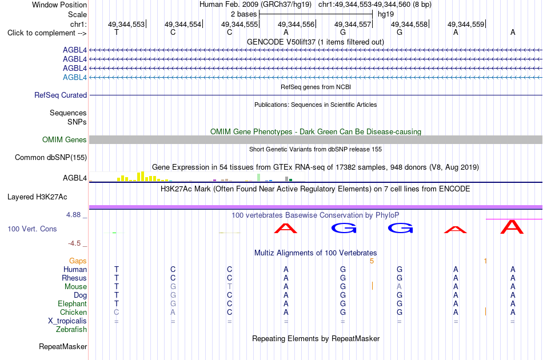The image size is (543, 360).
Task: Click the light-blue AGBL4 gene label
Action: tap(75, 77)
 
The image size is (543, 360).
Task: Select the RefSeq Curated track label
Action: tap(61, 95)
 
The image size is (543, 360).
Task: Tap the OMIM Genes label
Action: tap(65, 139)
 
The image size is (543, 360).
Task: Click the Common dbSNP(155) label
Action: tap(51, 158)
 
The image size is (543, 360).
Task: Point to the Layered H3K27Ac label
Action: tap(37, 197)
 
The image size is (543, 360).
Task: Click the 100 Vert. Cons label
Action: tap(32, 229)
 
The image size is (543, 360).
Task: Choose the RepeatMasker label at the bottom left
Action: tap(63, 346)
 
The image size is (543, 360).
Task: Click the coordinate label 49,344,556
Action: tap(296, 24)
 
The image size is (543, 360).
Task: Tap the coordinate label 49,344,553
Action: tap(126, 24)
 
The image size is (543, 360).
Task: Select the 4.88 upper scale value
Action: tap(73, 215)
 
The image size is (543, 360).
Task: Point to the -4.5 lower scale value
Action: tap(74, 243)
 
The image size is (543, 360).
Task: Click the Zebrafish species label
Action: tap(71, 329)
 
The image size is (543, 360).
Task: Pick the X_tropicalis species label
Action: tap(67, 321)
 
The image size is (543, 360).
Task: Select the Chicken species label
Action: tap(73, 312)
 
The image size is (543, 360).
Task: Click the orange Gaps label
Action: tap(78, 261)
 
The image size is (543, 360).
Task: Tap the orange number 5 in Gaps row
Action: tap(372, 261)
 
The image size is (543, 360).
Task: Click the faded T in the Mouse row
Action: tap(230, 286)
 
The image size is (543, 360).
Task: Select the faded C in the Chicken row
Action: tap(117, 312)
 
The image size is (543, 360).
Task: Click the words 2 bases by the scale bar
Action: tap(244, 14)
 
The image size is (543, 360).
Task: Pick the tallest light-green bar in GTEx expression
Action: tap(259, 177)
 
